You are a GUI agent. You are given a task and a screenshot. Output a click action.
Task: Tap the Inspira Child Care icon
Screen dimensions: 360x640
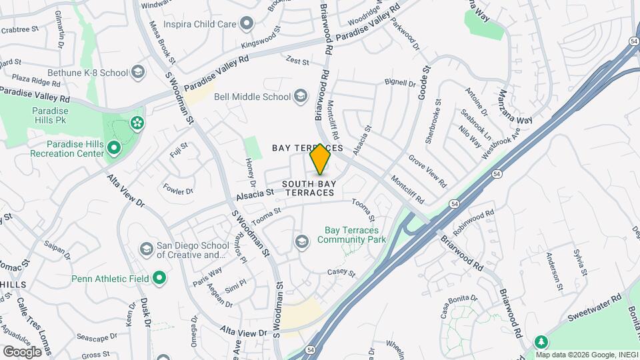click(x=247, y=25)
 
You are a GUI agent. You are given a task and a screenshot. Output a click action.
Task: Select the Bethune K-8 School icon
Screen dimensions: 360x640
click(x=138, y=72)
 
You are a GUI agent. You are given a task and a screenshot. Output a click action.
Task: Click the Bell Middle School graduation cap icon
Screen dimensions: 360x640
click(x=301, y=97)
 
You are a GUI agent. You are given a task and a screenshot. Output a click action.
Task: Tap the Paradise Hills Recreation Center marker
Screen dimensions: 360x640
click(x=113, y=147)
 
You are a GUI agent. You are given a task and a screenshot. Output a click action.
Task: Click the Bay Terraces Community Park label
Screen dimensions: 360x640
click(x=355, y=235)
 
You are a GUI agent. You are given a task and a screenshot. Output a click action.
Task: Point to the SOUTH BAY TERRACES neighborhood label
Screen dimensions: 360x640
click(x=307, y=188)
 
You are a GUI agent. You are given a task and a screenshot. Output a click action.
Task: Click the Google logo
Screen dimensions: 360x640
click(x=22, y=351)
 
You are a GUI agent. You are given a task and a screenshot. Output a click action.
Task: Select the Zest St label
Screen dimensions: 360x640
click(x=297, y=61)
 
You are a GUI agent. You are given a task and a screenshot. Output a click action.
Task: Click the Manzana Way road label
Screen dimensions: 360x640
click(x=515, y=107)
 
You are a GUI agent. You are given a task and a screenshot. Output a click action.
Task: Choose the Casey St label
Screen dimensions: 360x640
click(x=341, y=273)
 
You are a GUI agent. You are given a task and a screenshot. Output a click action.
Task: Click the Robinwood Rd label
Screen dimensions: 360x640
click(x=473, y=222)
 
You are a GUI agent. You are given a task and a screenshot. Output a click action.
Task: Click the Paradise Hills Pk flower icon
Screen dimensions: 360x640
click(x=137, y=123)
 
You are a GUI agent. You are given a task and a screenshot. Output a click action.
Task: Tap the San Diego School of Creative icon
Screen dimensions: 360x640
click(x=146, y=249)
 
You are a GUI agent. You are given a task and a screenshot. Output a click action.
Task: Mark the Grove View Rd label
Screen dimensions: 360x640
click(x=427, y=171)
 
